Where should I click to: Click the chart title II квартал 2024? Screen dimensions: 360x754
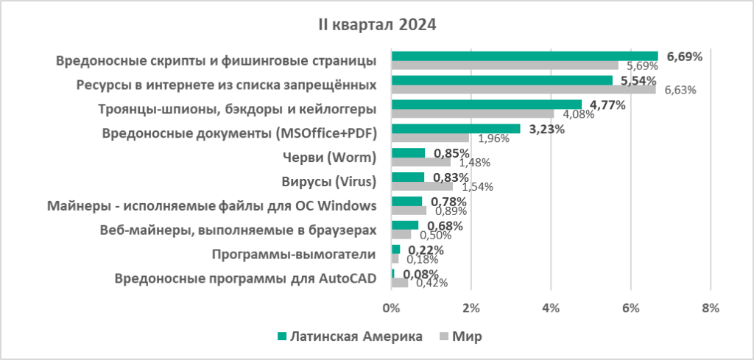[377, 25]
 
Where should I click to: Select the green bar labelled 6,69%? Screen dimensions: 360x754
[524, 56]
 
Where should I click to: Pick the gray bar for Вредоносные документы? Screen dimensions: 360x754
[430, 138]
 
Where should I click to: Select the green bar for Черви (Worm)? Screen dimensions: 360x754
[408, 152]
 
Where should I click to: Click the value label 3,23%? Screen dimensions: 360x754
[546, 130]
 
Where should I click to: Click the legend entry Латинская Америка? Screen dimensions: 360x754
[349, 336]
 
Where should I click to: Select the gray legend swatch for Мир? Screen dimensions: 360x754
[443, 336]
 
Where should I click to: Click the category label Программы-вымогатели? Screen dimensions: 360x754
[294, 254]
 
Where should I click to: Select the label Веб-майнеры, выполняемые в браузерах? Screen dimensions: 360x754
[238, 230]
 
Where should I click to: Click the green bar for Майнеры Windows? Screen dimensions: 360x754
[406, 201]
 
